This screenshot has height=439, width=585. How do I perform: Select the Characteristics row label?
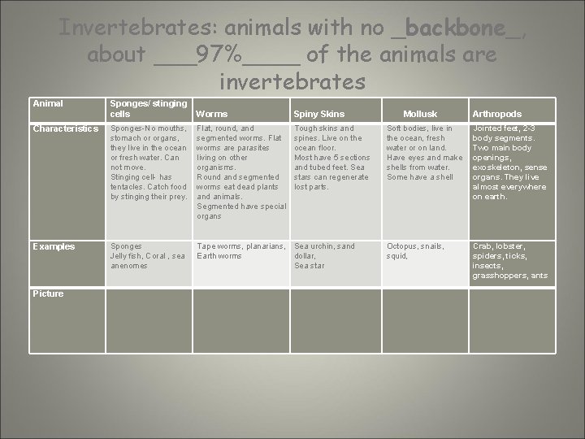64,128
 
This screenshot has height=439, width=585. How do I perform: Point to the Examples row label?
53,246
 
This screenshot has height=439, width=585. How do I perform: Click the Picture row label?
48,293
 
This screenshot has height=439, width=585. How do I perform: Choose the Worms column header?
212,114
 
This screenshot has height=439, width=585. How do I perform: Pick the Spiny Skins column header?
319,114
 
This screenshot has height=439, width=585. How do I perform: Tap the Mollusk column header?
421,114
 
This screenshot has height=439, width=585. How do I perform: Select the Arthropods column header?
497,114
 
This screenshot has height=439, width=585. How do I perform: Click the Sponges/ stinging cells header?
148,108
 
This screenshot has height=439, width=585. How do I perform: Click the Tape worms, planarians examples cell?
240,251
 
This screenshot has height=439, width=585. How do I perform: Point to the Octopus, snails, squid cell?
415,251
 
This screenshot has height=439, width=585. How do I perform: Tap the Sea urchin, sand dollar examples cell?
324,255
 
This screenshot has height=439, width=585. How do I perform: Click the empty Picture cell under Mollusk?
424,319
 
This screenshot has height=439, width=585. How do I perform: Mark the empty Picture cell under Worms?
241,319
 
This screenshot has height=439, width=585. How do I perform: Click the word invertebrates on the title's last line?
292,82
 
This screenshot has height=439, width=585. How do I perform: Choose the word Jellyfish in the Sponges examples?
128,256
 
